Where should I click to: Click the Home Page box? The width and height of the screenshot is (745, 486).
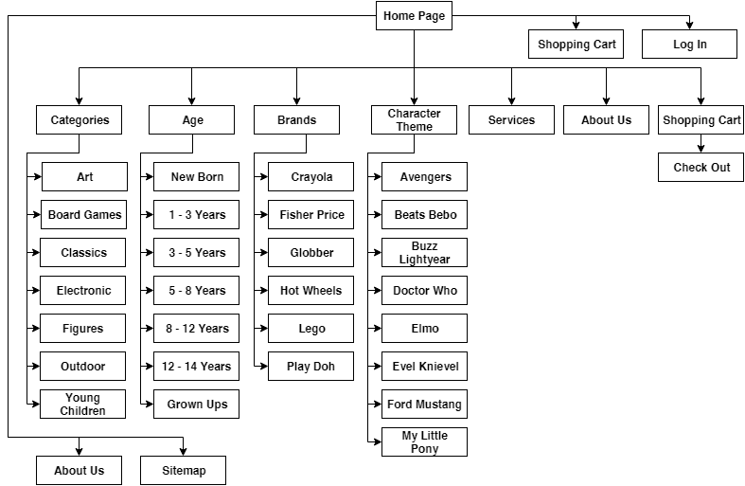[x=414, y=16]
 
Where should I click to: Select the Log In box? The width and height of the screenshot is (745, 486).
[x=689, y=45]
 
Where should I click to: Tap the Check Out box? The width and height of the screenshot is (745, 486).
[x=701, y=168]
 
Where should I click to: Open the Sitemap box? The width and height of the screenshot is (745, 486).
[x=183, y=470]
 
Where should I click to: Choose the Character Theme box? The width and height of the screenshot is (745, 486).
[x=414, y=119]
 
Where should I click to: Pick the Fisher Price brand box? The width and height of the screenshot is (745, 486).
[x=310, y=214]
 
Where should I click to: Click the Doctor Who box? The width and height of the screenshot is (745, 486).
[x=424, y=290]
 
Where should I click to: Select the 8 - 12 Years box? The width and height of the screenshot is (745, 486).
[x=196, y=328]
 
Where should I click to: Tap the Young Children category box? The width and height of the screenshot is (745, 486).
[x=82, y=405]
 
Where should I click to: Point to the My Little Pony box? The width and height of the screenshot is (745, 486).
[x=424, y=441]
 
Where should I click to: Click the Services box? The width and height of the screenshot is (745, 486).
[x=511, y=119]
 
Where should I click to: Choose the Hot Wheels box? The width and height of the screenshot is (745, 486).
[x=310, y=290]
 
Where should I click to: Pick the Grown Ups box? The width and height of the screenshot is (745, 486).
[x=196, y=405]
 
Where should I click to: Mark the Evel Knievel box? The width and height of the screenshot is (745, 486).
[x=424, y=367]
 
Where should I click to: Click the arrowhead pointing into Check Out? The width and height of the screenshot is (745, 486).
[x=701, y=149]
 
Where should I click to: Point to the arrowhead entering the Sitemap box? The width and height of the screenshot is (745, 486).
[x=183, y=452]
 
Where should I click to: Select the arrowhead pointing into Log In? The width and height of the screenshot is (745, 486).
[x=689, y=26]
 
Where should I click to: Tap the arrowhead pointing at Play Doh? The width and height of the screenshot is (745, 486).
[x=264, y=367]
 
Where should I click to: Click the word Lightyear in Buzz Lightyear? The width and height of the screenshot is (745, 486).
[x=424, y=260]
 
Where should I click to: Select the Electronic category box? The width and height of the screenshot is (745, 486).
[x=82, y=290]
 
